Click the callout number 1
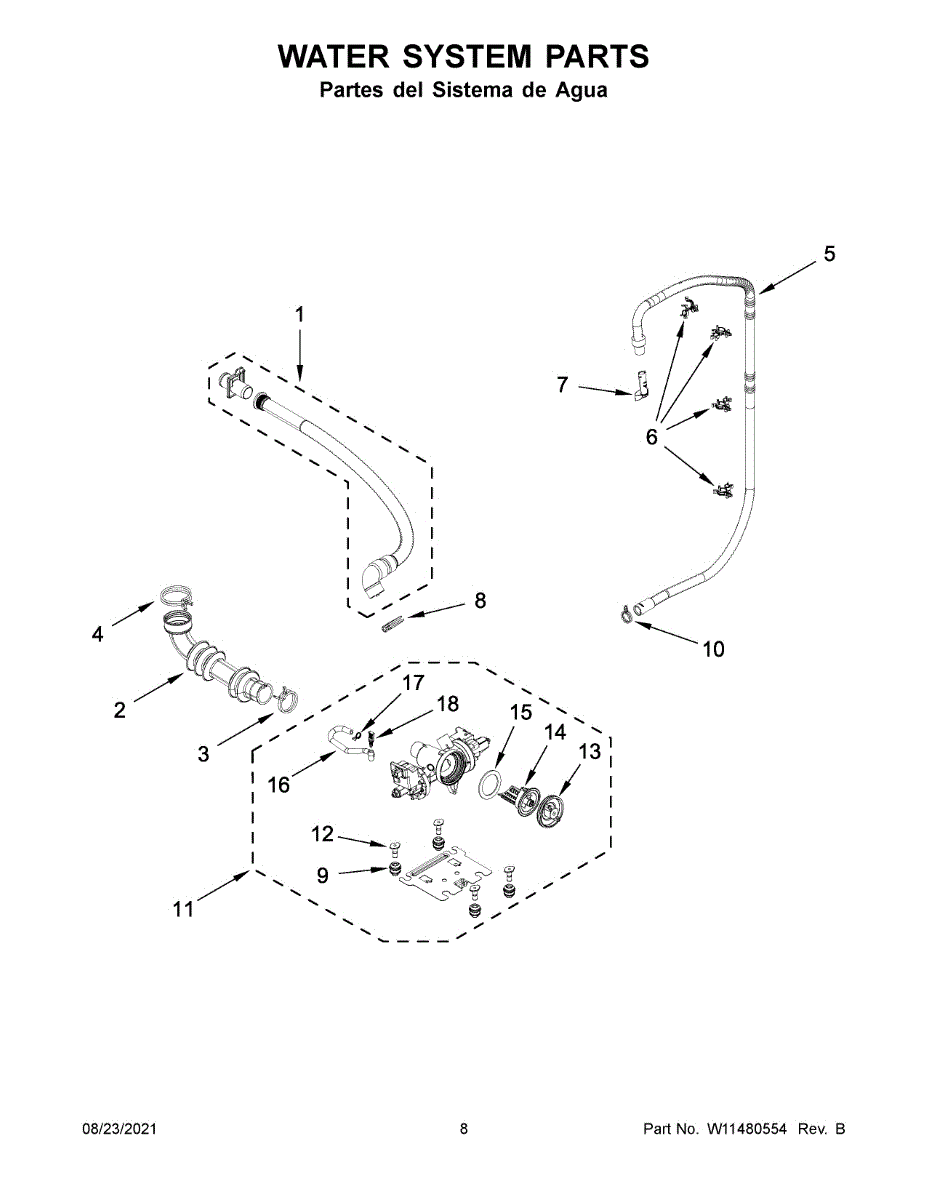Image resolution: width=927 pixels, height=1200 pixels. point(299,314)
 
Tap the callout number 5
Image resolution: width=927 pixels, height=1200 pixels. point(829,255)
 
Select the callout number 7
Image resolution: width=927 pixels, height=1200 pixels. point(562,384)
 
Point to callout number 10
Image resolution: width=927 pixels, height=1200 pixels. point(712,649)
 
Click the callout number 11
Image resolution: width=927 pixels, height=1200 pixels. point(182,909)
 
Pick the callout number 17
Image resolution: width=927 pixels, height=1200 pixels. point(413,683)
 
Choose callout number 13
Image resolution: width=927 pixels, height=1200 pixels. point(589,751)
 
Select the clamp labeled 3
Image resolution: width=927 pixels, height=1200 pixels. point(285,697)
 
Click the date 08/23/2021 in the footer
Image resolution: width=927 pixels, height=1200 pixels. point(119,1129)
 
